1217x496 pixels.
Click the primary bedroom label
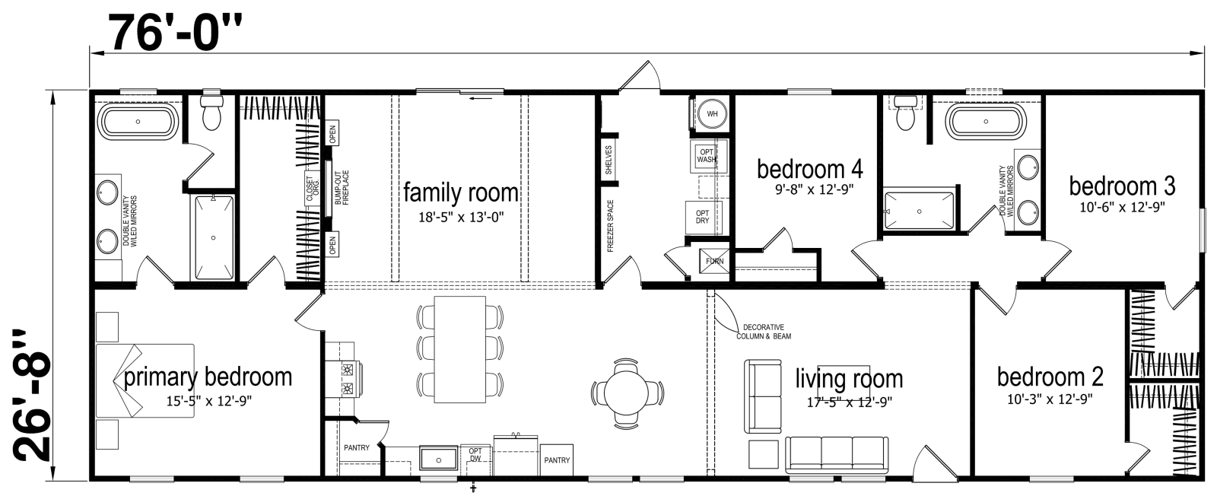208,377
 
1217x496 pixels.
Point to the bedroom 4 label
809,169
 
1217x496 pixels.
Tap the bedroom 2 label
1050,377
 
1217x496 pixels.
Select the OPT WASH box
706,155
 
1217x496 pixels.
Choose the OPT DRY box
703,216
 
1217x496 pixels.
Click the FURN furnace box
714,260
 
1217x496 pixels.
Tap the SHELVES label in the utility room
608,161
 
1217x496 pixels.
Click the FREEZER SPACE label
609,226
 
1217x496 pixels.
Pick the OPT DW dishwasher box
476,455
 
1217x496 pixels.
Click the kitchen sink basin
438,459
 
